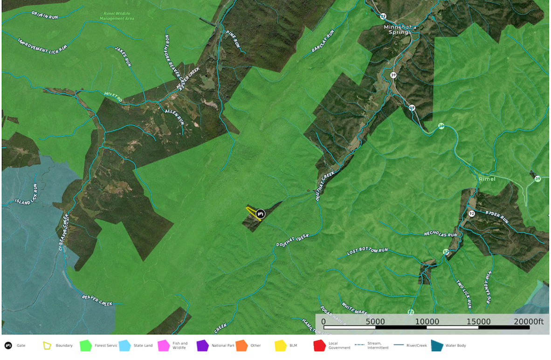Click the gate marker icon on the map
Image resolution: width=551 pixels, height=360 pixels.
coord(261,214)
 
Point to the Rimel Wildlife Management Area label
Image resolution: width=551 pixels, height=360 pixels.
coord(117,16)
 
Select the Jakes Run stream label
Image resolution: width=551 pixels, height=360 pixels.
coord(124,57)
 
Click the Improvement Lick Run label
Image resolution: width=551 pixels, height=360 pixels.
coord(43,45)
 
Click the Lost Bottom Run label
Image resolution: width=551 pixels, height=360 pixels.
coord(368,252)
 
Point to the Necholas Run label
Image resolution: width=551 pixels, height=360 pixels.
coord(441,234)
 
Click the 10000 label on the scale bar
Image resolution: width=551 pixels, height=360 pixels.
coord(427,322)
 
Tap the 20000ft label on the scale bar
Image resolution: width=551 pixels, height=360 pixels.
coord(528,322)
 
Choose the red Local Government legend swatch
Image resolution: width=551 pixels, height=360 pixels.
coord(319,346)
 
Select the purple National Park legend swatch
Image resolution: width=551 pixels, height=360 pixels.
coord(202,346)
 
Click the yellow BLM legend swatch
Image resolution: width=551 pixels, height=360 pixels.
coord(280,346)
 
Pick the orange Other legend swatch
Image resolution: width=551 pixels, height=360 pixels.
coord(241,346)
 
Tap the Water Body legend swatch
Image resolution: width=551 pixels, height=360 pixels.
coord(437,346)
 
